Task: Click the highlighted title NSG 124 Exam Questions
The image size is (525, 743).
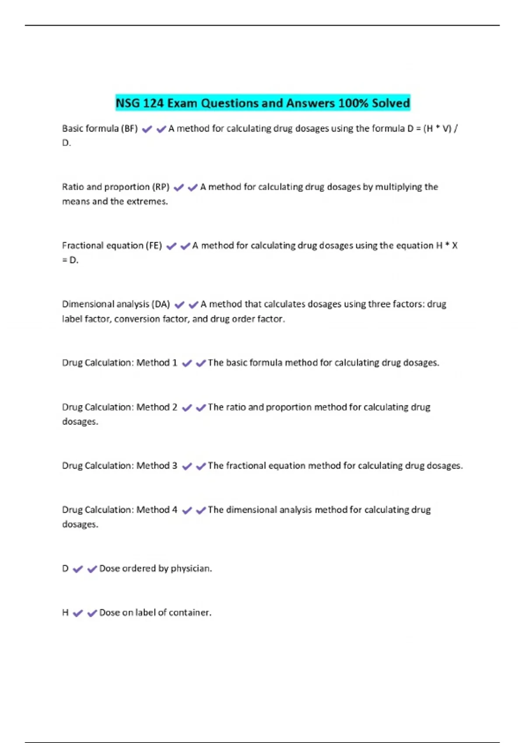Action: [262, 103]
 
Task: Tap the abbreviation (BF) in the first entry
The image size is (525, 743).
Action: [129, 128]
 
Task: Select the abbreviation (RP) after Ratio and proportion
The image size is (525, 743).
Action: [161, 187]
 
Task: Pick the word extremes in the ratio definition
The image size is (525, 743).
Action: [147, 201]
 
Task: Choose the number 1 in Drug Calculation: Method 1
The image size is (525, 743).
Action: [175, 363]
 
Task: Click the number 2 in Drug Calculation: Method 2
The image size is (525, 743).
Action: [175, 407]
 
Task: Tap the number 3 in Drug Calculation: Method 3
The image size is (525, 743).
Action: [175, 466]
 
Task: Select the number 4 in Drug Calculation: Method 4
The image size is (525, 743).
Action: [175, 510]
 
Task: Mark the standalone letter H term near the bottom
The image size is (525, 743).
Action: [65, 613]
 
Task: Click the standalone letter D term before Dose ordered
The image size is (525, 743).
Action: [65, 569]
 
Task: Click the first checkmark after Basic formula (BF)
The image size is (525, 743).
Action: [147, 129]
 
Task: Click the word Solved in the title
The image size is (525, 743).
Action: [391, 103]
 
